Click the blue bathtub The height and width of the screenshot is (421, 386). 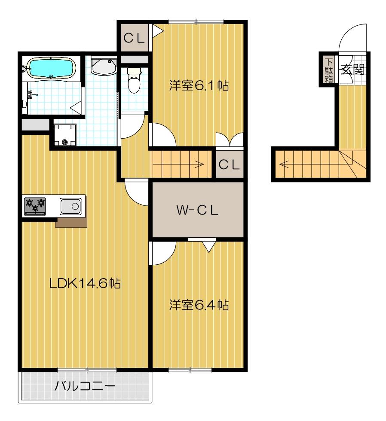51,68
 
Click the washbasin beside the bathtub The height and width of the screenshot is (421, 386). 104,67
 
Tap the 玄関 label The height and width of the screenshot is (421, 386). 352,68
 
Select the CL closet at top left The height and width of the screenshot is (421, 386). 134,37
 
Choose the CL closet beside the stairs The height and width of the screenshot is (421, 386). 229,164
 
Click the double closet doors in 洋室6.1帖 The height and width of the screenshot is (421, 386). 229,139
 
